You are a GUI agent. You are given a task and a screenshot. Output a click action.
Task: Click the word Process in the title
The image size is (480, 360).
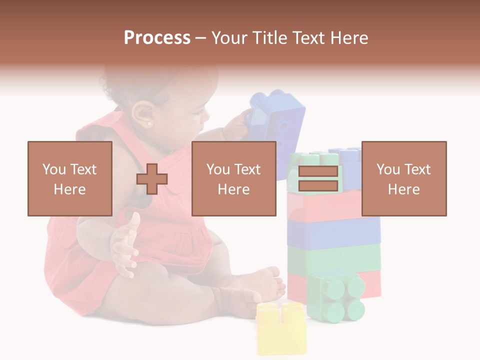[x=157, y=37]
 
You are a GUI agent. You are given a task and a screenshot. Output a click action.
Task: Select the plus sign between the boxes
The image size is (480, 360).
[x=152, y=179]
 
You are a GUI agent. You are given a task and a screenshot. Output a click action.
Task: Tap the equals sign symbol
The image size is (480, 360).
[x=318, y=178]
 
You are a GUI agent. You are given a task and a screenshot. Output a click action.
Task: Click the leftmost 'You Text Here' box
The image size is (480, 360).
[x=70, y=178]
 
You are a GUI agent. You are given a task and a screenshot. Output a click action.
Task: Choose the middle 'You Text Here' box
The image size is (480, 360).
[x=233, y=178]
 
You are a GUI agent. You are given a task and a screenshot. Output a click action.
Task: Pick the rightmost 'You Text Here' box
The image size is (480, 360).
[x=404, y=178]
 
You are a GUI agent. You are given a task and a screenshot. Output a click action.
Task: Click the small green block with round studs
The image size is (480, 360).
[x=336, y=296]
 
